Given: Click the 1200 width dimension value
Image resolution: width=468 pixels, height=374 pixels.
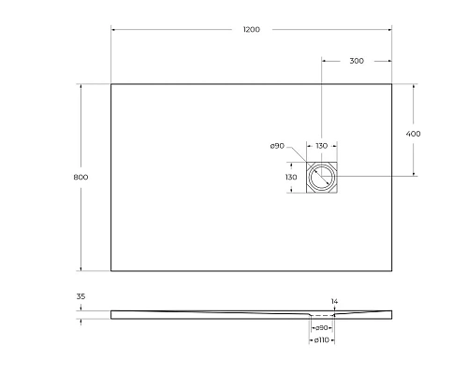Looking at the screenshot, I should [251, 30].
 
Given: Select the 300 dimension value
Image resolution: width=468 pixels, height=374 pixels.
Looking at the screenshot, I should [356, 61].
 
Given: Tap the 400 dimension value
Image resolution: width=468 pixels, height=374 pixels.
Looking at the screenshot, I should [414, 134].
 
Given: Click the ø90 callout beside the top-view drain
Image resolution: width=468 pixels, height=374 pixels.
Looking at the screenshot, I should [277, 146].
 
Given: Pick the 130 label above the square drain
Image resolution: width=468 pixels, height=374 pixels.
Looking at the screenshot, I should [321, 146].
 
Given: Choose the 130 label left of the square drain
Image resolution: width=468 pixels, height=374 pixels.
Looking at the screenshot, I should [291, 177].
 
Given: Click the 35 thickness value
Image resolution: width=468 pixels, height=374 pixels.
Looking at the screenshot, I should [80, 296].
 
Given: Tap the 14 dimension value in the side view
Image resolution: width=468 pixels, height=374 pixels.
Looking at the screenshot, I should [334, 301].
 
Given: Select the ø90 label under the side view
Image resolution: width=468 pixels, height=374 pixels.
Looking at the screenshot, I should [320, 327].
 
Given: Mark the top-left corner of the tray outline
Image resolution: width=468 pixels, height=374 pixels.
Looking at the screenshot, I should [111, 84].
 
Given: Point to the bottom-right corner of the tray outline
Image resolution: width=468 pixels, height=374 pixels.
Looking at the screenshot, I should [391, 271].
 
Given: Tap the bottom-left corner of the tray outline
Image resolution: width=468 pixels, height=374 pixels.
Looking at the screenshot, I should [111, 271].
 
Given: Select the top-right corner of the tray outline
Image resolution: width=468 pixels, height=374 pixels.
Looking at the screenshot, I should [391, 84].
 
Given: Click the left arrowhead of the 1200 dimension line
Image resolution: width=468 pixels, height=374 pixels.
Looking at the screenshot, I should [113, 30].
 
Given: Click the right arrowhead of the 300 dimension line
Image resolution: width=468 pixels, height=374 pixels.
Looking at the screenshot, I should [389, 61].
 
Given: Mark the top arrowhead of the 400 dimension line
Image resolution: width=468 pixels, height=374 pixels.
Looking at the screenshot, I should [414, 86].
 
